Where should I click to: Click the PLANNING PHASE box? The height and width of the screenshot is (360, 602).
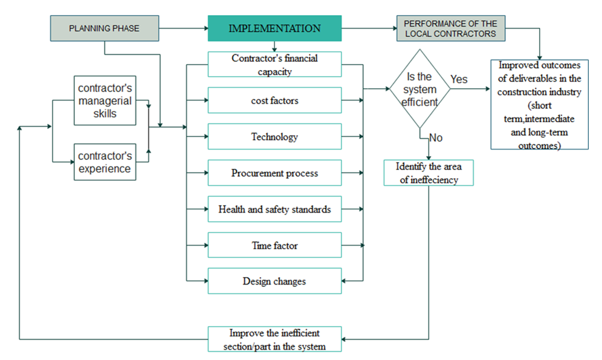coord(105,28)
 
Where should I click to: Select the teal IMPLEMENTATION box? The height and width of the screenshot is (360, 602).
coord(274,28)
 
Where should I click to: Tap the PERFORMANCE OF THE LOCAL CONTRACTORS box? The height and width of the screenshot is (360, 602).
coord(450,28)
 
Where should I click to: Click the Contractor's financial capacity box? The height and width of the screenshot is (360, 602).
coord(274,65)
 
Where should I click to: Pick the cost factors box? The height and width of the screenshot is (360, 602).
coord(274,100)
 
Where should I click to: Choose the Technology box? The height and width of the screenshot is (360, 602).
coord(274,137)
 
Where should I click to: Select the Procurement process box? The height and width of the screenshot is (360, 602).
coord(274,173)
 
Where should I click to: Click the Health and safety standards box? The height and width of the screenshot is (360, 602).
coord(274,209)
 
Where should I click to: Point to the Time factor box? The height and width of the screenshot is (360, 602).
coord(274,246)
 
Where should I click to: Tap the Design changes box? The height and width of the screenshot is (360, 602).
coord(274,281)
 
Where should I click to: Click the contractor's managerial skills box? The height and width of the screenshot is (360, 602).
coord(105,100)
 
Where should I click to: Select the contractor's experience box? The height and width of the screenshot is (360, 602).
coord(105,162)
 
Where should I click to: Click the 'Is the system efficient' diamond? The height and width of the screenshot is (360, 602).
coord(419,89)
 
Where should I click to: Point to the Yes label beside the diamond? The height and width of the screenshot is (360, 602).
coord(459,79)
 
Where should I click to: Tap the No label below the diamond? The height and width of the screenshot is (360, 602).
coord(435,138)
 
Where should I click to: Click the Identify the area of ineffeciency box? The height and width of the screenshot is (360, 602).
coord(429,172)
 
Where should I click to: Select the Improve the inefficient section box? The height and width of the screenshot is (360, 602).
coord(274,339)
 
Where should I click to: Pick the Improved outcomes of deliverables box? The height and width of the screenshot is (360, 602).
coord(539,104)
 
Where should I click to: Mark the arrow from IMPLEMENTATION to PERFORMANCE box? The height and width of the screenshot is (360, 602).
coord(369,28)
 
